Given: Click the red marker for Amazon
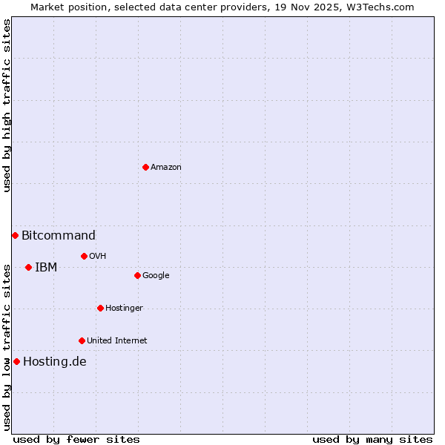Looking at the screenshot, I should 145,167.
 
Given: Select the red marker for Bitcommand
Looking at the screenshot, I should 15,235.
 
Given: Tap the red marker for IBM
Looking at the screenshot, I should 28,267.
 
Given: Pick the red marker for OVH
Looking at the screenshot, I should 84,256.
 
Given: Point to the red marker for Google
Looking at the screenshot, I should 137,275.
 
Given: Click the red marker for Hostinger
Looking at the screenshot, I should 100,308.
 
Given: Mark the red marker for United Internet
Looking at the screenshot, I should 82,340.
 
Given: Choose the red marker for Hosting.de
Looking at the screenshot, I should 16,361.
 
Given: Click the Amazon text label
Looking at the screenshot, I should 166,168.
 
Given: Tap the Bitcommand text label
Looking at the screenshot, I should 59,236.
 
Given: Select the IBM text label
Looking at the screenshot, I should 46,268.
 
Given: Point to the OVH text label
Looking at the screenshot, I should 98,257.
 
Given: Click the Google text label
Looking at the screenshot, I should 156,276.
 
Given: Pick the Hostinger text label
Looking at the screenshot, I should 124,309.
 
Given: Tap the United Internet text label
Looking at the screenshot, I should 117,341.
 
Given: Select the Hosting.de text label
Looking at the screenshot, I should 55,362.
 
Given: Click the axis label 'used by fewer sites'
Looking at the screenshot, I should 76,439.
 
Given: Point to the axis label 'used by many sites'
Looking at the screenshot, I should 372,439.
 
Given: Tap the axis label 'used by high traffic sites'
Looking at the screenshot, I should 7,105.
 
